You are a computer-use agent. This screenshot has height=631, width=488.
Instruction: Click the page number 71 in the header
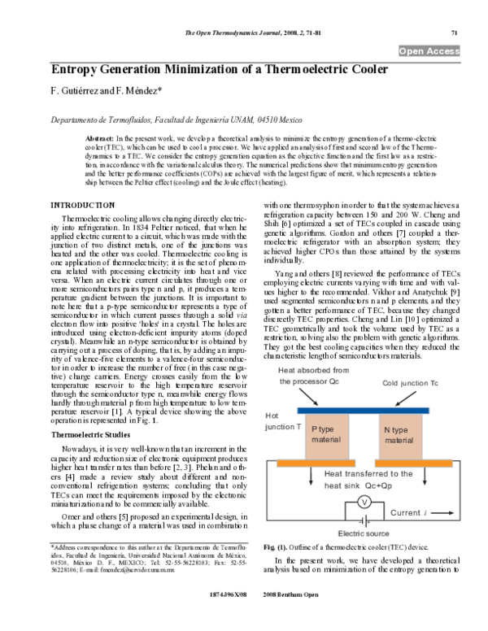455,33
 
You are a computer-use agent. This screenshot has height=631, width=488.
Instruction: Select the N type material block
399,435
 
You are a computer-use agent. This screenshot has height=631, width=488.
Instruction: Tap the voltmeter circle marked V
365,503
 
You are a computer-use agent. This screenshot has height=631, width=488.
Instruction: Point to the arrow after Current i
438,514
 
